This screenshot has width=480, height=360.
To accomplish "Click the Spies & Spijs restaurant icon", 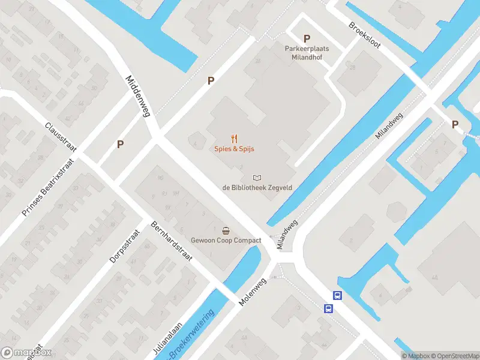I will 235,138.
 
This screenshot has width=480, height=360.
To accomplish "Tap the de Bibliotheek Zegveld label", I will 257,187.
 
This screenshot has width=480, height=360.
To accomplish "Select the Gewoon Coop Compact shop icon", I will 226,230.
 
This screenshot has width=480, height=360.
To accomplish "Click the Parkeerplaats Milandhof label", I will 307,52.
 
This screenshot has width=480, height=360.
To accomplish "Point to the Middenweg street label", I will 137,96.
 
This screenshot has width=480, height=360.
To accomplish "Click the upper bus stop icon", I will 338,295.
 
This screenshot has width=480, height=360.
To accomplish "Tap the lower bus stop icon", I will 329,308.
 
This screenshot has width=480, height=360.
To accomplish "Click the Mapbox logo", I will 26,353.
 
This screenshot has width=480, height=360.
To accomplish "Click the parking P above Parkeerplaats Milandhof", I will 307,38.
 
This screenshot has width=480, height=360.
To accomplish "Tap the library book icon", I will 257,178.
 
